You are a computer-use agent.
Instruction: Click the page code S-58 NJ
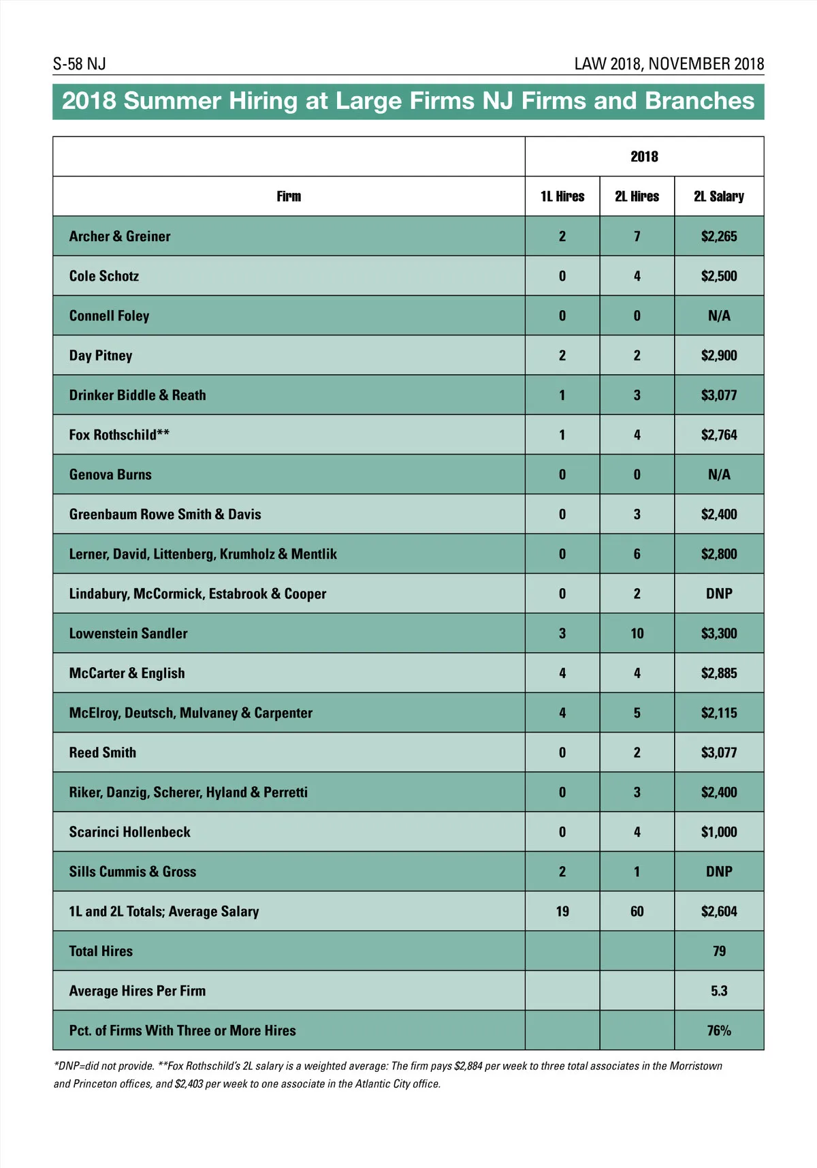coord(80,64)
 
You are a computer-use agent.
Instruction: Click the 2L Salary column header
coord(719,197)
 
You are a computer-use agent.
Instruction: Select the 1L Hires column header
coord(562,197)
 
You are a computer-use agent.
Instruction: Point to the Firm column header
coord(289,197)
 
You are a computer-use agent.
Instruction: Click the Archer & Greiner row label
coord(120,236)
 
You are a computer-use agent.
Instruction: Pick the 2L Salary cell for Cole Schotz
coord(719,276)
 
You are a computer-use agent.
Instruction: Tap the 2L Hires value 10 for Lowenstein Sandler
coord(637,634)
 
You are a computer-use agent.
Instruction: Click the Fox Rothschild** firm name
coord(119,435)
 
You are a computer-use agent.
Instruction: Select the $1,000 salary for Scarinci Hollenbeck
coord(719,832)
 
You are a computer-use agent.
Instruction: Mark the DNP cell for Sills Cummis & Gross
coord(719,872)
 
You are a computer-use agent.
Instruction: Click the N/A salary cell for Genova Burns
coord(719,475)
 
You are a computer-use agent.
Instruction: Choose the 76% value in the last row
coord(719,1030)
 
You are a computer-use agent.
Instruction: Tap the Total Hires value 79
coord(719,951)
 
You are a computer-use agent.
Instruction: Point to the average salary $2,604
coord(719,912)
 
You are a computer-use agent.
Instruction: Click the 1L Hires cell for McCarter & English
coord(562,673)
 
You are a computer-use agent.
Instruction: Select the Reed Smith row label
coord(103,753)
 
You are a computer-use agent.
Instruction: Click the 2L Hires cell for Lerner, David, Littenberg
coord(637,554)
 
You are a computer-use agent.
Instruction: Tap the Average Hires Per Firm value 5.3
coord(719,991)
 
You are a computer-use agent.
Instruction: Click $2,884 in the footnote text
coord(468,1066)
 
